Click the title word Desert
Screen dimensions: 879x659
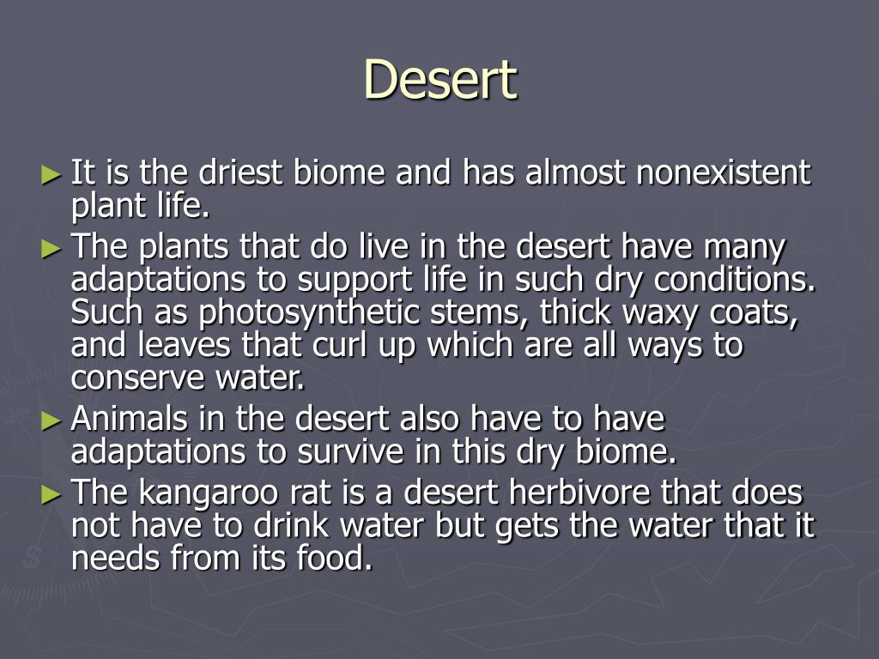(x=440, y=80)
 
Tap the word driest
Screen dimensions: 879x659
(x=240, y=172)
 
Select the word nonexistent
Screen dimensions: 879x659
(x=724, y=172)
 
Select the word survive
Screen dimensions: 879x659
(x=350, y=451)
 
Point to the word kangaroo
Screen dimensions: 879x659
(x=208, y=493)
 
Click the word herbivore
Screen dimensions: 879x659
(x=579, y=493)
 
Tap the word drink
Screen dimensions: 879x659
(x=291, y=525)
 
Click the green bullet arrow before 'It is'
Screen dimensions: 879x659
(x=52, y=175)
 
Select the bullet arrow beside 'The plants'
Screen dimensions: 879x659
(x=52, y=249)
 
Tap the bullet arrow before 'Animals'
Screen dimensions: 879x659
(x=52, y=420)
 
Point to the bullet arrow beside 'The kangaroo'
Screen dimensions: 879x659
(x=52, y=495)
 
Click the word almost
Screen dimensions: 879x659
(x=575, y=172)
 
